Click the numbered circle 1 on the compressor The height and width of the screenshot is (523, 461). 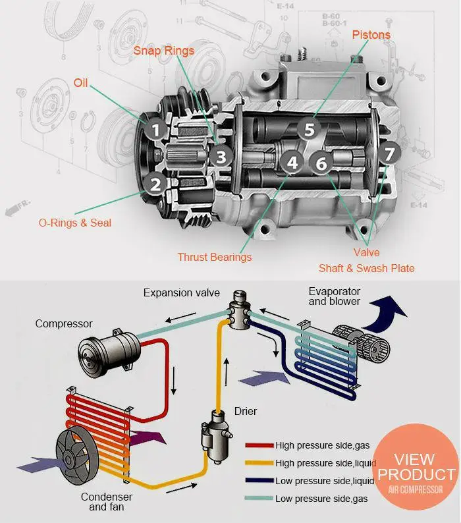(x=155, y=130)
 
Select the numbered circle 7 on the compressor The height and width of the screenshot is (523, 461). (x=389, y=154)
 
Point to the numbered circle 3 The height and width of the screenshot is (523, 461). (x=221, y=157)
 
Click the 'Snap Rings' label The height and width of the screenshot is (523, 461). (x=164, y=51)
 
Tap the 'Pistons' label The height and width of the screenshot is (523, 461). (x=371, y=34)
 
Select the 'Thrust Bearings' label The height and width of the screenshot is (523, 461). (x=214, y=257)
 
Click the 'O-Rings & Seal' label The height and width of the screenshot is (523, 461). (x=74, y=223)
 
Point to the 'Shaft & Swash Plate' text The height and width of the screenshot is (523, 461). (x=367, y=268)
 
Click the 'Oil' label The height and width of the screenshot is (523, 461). (x=80, y=84)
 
